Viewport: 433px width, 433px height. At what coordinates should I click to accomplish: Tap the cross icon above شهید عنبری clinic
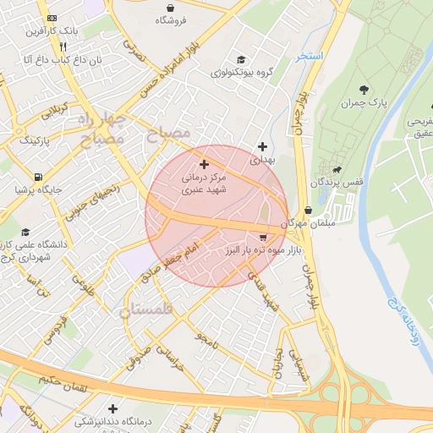(204, 162)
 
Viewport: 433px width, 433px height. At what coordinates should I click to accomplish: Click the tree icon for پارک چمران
(364, 89)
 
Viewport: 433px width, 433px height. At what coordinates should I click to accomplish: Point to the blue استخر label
(310, 56)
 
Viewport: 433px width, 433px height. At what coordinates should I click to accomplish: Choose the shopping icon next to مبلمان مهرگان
(307, 211)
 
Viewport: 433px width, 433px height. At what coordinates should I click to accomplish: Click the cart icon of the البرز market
(263, 237)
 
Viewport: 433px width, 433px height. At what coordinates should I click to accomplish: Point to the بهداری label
(263, 159)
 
